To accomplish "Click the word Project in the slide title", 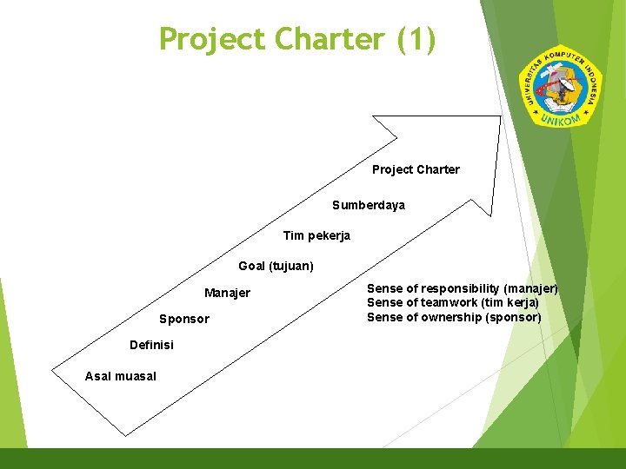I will (212, 39).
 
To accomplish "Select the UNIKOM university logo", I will (560, 85).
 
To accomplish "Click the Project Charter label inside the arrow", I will (416, 169).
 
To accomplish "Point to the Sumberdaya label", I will (368, 206).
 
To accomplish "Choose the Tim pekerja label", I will (316, 235).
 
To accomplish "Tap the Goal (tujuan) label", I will (276, 266).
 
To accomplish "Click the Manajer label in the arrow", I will (227, 293).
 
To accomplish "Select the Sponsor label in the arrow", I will (184, 319).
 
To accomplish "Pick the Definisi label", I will (151, 345).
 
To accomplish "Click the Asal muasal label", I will (120, 376).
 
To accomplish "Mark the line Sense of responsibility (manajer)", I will (462, 288).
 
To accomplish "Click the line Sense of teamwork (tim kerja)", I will (452, 302).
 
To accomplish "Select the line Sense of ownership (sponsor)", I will (453, 317).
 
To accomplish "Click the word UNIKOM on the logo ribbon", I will (559, 118).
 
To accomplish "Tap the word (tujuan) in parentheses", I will (291, 266).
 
